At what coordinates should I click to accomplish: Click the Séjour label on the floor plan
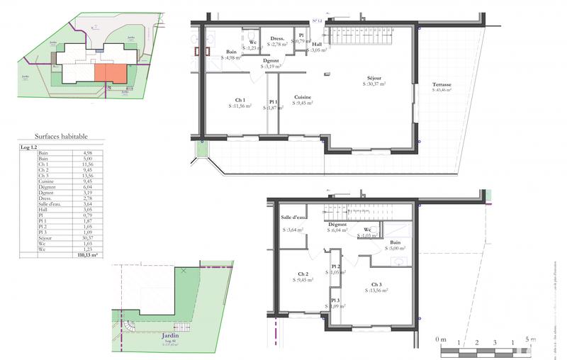tap(374, 78)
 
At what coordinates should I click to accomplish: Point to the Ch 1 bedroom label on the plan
tap(241, 100)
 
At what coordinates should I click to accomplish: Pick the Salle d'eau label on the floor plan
tap(293, 218)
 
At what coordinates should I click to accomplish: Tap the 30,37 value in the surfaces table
tap(88, 238)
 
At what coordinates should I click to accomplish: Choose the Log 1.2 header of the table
tap(29, 147)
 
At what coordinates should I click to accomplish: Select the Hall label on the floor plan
tap(317, 44)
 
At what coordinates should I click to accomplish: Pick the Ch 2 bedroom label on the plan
tap(303, 274)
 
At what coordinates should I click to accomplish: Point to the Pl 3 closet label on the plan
tap(335, 300)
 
